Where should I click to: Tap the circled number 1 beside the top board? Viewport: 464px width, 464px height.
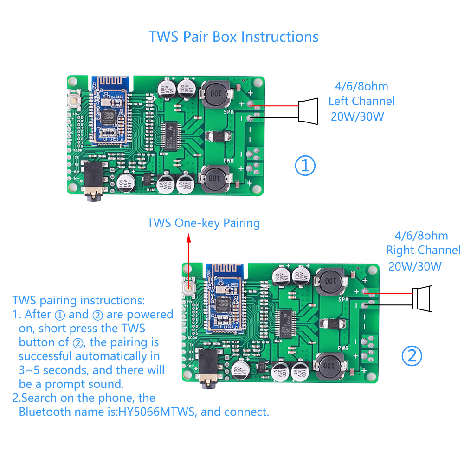[305, 166]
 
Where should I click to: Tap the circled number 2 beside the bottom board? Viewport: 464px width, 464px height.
[412, 356]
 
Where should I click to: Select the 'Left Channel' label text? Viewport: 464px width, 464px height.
[361, 101]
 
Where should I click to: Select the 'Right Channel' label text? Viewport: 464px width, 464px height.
[423, 251]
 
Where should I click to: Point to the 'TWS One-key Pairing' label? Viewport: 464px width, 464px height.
[203, 223]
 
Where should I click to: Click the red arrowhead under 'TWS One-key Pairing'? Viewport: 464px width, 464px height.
[188, 238]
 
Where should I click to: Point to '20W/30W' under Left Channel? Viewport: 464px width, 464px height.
[357, 116]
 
